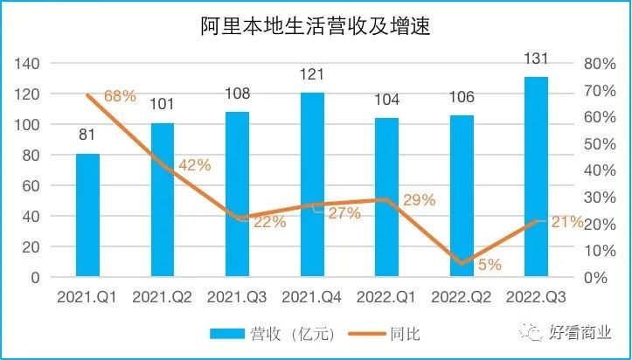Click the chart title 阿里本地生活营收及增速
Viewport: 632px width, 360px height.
tap(316, 27)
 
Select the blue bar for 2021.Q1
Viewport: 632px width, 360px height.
tap(87, 215)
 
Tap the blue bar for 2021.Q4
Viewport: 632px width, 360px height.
tap(312, 184)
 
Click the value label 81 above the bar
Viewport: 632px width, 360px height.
tap(87, 137)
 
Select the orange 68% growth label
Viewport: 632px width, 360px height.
tap(120, 96)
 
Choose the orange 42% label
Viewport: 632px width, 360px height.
tap(194, 164)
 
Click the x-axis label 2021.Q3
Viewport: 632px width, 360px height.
tap(237, 297)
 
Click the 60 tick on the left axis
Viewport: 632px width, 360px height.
tap(32, 186)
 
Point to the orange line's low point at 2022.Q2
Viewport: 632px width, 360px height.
tap(462, 263)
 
